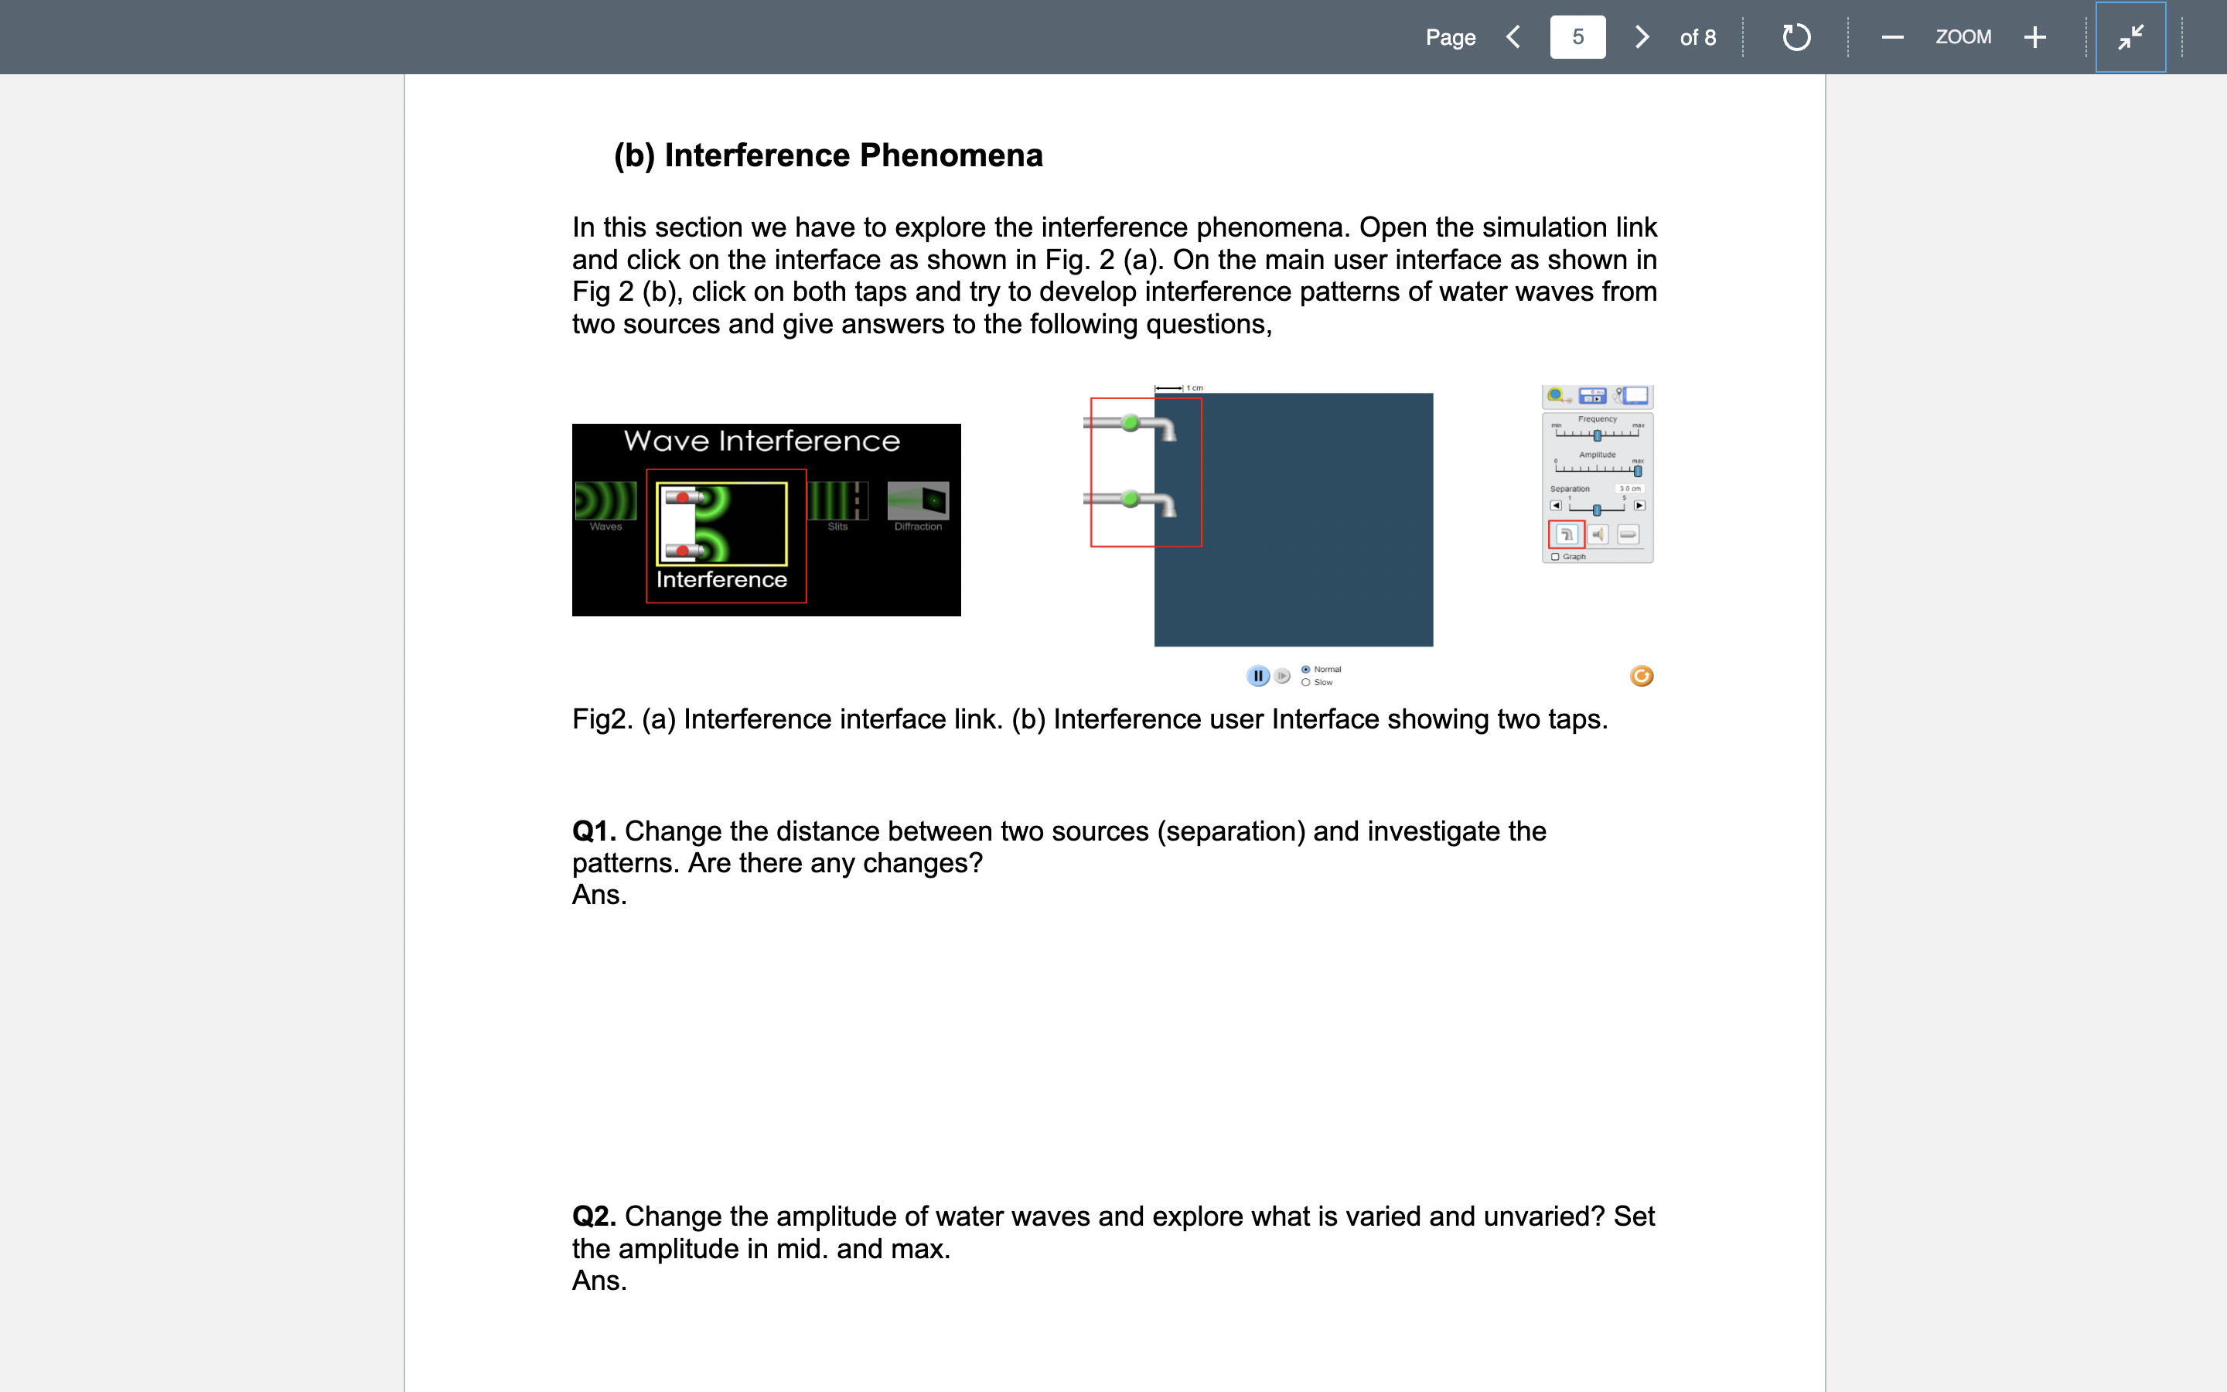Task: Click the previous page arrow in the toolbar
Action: (1513, 37)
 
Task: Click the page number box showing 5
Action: (1577, 37)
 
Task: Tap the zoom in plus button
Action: (2034, 37)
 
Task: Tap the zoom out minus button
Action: (1892, 37)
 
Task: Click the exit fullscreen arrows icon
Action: (2130, 37)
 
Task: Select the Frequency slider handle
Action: (1598, 435)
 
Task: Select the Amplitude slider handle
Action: (1637, 472)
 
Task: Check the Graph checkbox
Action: (1555, 557)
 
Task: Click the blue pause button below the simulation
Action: (1257, 676)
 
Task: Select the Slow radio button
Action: (1306, 682)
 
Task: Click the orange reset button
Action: (1641, 677)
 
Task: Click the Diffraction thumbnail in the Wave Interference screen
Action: (918, 502)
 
